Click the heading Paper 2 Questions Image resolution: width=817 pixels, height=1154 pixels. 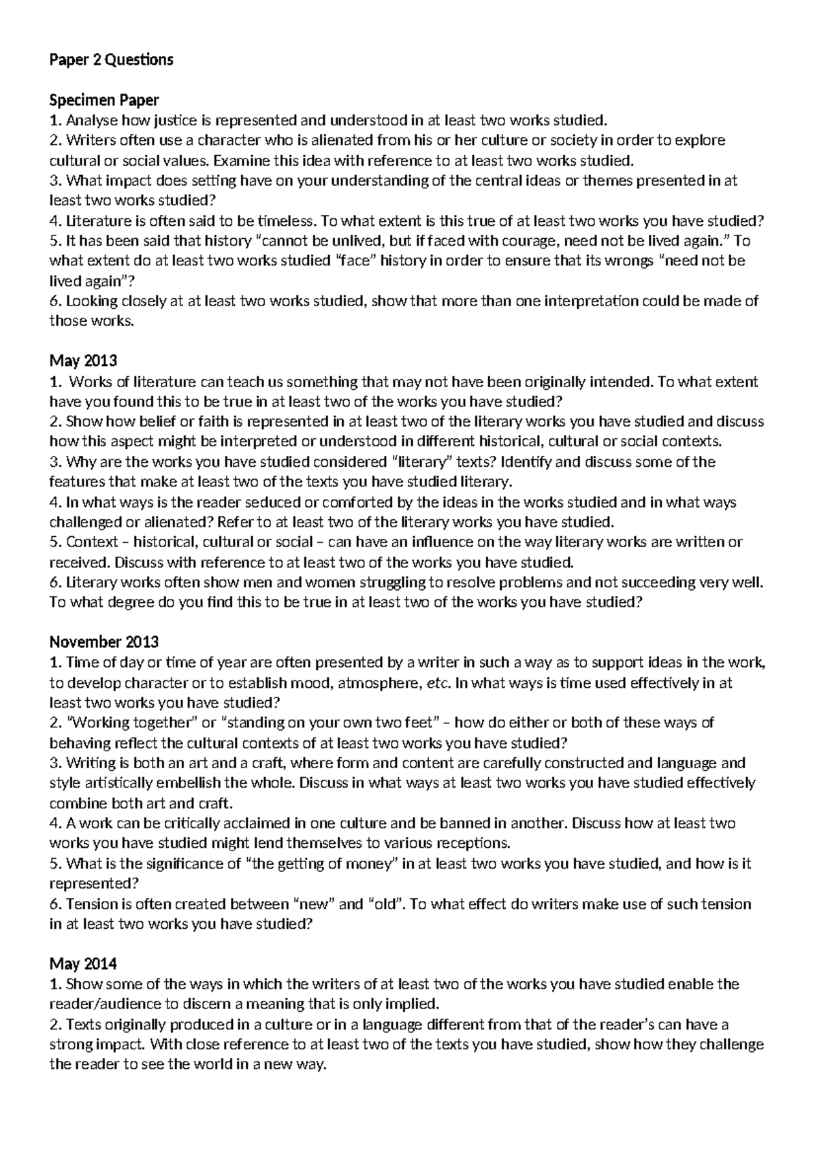(x=112, y=60)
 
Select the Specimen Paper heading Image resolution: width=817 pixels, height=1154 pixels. (x=104, y=100)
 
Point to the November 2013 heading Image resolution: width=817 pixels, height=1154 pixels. (x=104, y=642)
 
